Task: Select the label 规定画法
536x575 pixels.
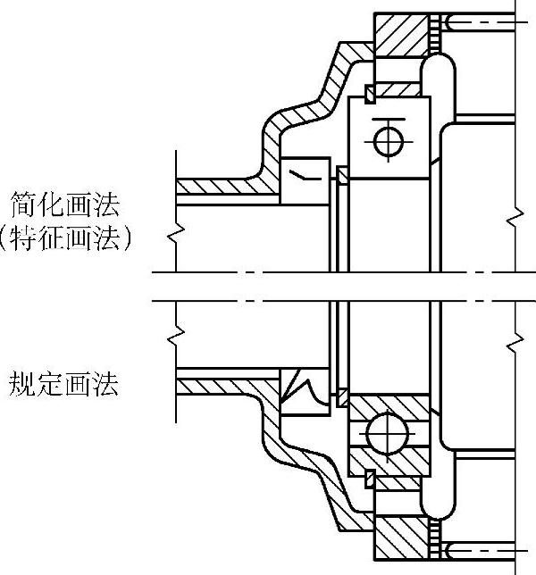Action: tap(64, 385)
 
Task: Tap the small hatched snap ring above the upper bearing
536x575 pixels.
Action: tap(368, 93)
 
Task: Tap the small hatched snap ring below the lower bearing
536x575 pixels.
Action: tap(368, 480)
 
